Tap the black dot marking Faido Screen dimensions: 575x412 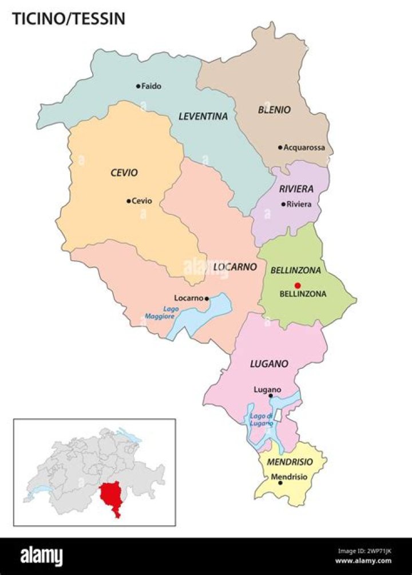click(138, 86)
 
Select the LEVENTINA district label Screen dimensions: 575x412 click(203, 116)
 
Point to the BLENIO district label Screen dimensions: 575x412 click(274, 109)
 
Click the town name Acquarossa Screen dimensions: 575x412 click(304, 147)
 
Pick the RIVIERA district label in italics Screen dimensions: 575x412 click(296, 189)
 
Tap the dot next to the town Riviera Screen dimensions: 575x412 click(283, 204)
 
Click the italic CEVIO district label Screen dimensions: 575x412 click(124, 172)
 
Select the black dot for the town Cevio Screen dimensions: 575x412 click(128, 201)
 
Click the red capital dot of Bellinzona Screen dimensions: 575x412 click(297, 285)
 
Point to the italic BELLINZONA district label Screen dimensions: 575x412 click(295, 270)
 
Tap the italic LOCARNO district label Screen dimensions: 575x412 click(234, 267)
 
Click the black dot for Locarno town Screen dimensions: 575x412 click(207, 298)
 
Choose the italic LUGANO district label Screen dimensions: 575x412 click(268, 364)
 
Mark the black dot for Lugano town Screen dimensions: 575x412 click(271, 395)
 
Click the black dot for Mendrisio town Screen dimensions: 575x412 click(280, 483)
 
